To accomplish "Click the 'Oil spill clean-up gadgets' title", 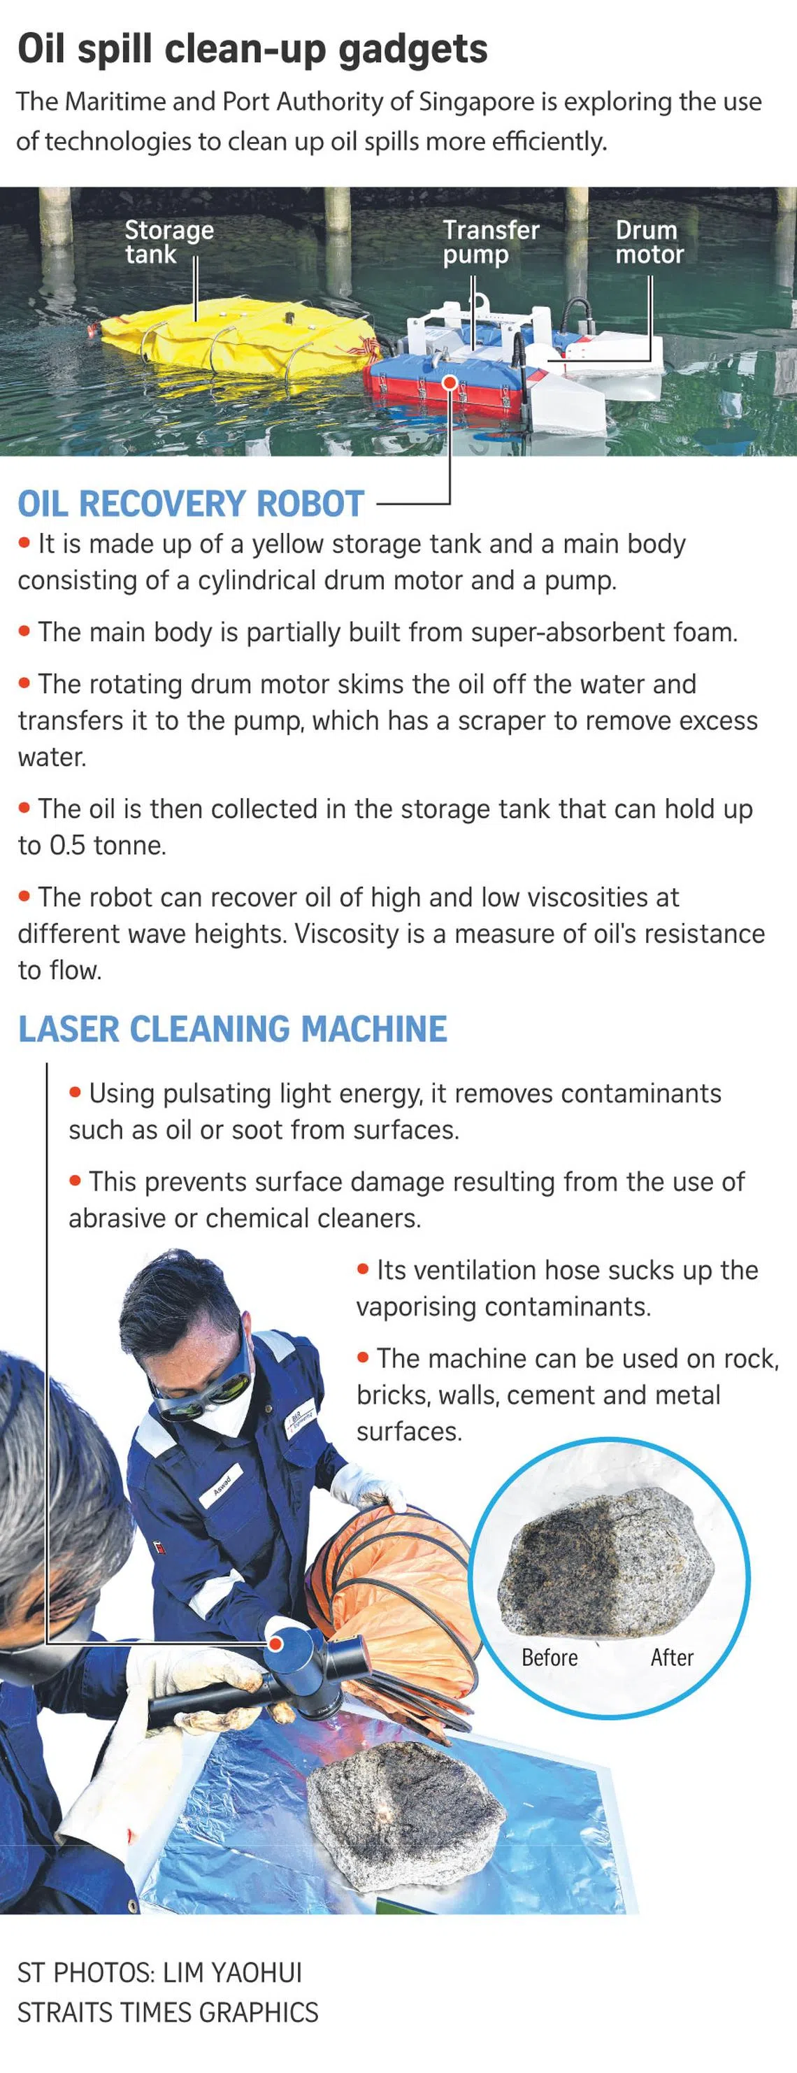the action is tap(252, 49).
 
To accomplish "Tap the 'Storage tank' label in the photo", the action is tap(169, 241).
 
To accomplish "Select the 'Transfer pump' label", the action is tap(491, 242).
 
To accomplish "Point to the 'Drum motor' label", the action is tap(649, 241).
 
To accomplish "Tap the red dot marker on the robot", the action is tap(450, 383).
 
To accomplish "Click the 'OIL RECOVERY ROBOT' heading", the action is tap(191, 504).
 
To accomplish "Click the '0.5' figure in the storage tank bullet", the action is tap(66, 845).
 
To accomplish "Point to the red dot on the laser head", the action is tap(275, 1642).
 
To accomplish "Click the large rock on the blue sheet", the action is tap(406, 1807).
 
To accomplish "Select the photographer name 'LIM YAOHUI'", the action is tap(232, 1972).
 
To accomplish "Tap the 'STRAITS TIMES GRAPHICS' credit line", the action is tap(168, 2012).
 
